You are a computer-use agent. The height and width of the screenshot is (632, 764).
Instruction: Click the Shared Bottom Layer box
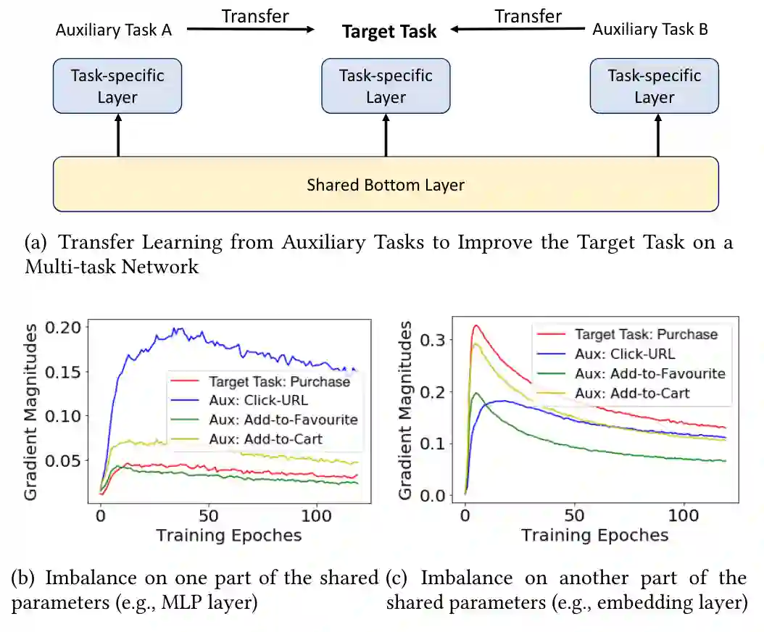386,184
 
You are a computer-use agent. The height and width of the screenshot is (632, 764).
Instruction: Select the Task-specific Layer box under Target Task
386,86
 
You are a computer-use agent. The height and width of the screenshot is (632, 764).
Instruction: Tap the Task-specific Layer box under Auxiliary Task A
117,86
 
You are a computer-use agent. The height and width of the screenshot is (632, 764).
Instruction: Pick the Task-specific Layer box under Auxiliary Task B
654,86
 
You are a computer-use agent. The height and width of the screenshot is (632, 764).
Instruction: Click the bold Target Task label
389,31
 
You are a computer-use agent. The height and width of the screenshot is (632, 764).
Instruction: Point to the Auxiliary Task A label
113,30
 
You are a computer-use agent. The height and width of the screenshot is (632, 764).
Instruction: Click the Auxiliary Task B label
650,30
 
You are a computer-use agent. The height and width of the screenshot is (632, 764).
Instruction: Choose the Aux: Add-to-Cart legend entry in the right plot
631,394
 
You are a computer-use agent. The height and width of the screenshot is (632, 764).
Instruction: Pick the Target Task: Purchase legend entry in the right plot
646,335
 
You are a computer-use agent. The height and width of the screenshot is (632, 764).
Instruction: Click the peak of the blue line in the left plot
175,329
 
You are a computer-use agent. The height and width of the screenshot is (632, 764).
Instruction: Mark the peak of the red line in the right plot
476,325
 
